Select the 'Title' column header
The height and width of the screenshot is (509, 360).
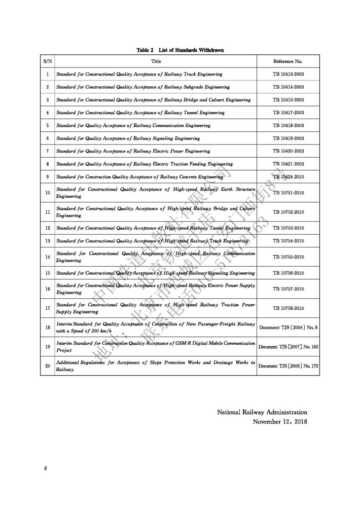156,61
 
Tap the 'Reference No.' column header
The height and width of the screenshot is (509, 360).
288,61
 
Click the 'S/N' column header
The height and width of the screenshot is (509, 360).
47,61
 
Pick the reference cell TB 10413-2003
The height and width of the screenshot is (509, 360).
288,74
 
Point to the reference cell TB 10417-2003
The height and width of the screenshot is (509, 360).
288,112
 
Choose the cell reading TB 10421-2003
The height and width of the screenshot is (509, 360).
288,164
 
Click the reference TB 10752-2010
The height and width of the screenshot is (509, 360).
288,212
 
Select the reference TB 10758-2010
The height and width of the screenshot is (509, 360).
288,308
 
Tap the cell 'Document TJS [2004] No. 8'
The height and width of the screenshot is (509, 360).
288,327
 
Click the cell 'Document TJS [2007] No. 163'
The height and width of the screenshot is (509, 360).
288,347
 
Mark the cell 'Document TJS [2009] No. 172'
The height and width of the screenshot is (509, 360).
288,366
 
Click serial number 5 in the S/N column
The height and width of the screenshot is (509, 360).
47,125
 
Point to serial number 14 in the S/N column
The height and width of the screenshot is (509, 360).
47,257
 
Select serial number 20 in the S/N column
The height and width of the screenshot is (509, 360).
47,366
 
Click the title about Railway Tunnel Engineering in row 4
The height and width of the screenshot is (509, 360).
140,112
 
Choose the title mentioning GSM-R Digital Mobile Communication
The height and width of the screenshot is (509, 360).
156,346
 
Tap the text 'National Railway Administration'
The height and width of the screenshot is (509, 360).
262,412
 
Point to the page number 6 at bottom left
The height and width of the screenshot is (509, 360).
45,468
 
